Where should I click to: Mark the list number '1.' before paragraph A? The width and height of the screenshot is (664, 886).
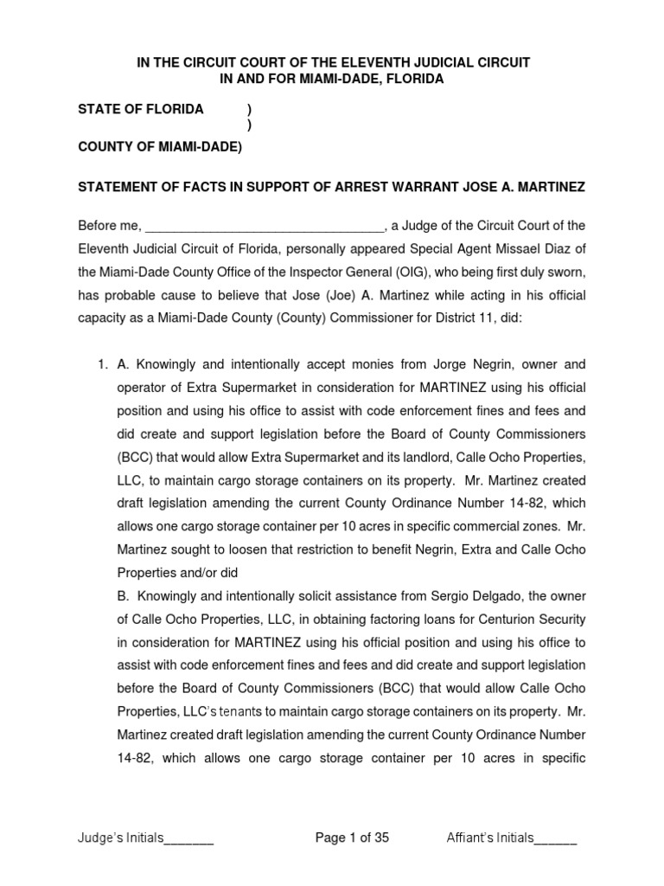pyautogui.click(x=100, y=364)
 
